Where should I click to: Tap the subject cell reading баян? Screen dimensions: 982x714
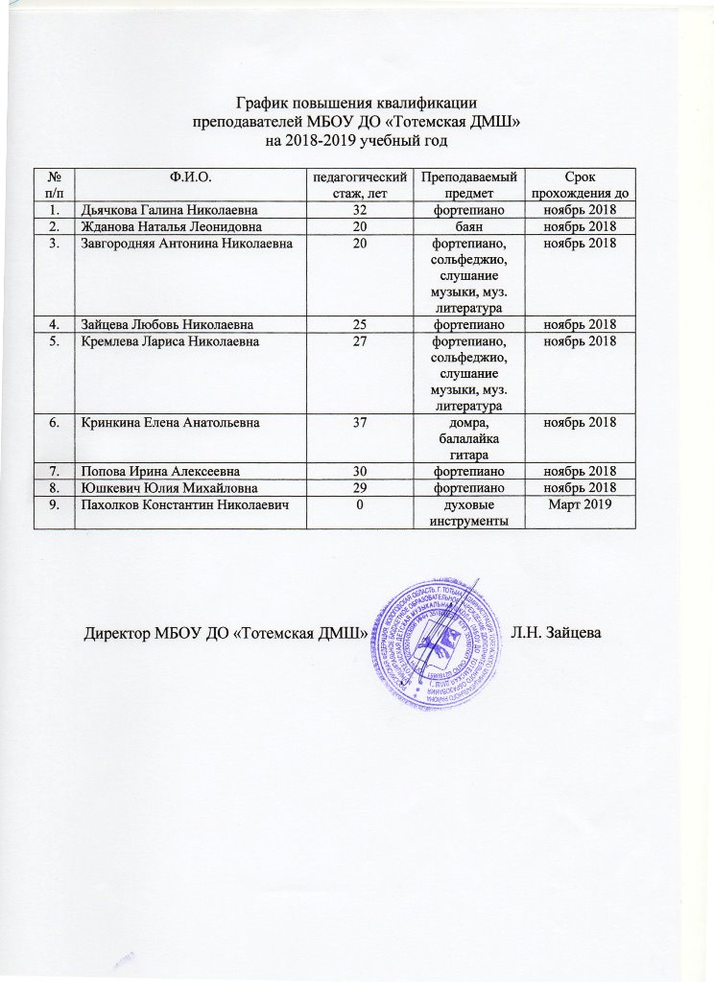pos(469,226)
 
